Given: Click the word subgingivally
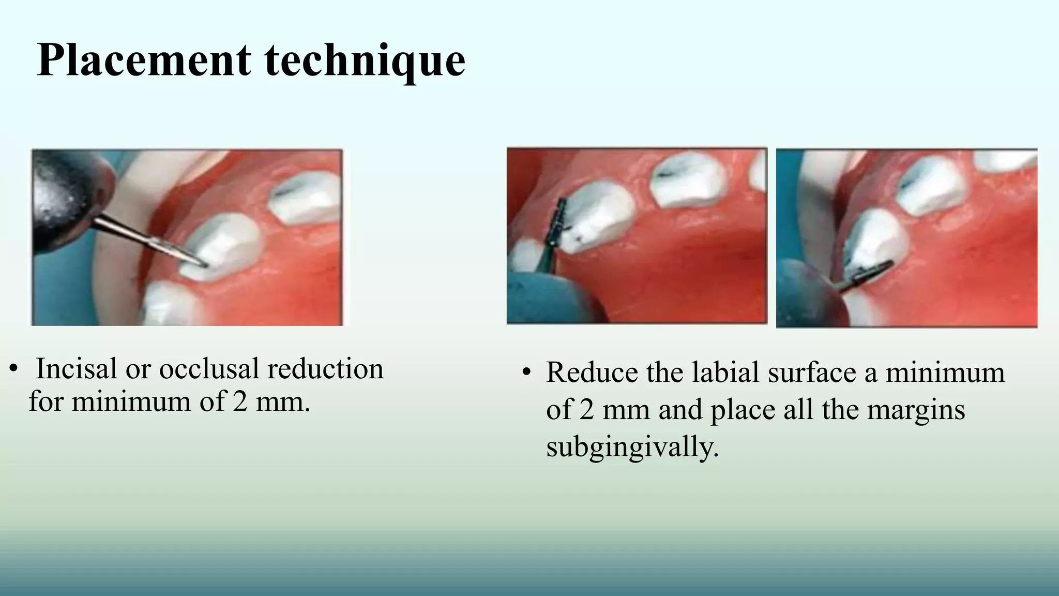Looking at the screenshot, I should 632,447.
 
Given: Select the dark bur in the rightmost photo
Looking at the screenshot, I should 871,275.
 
